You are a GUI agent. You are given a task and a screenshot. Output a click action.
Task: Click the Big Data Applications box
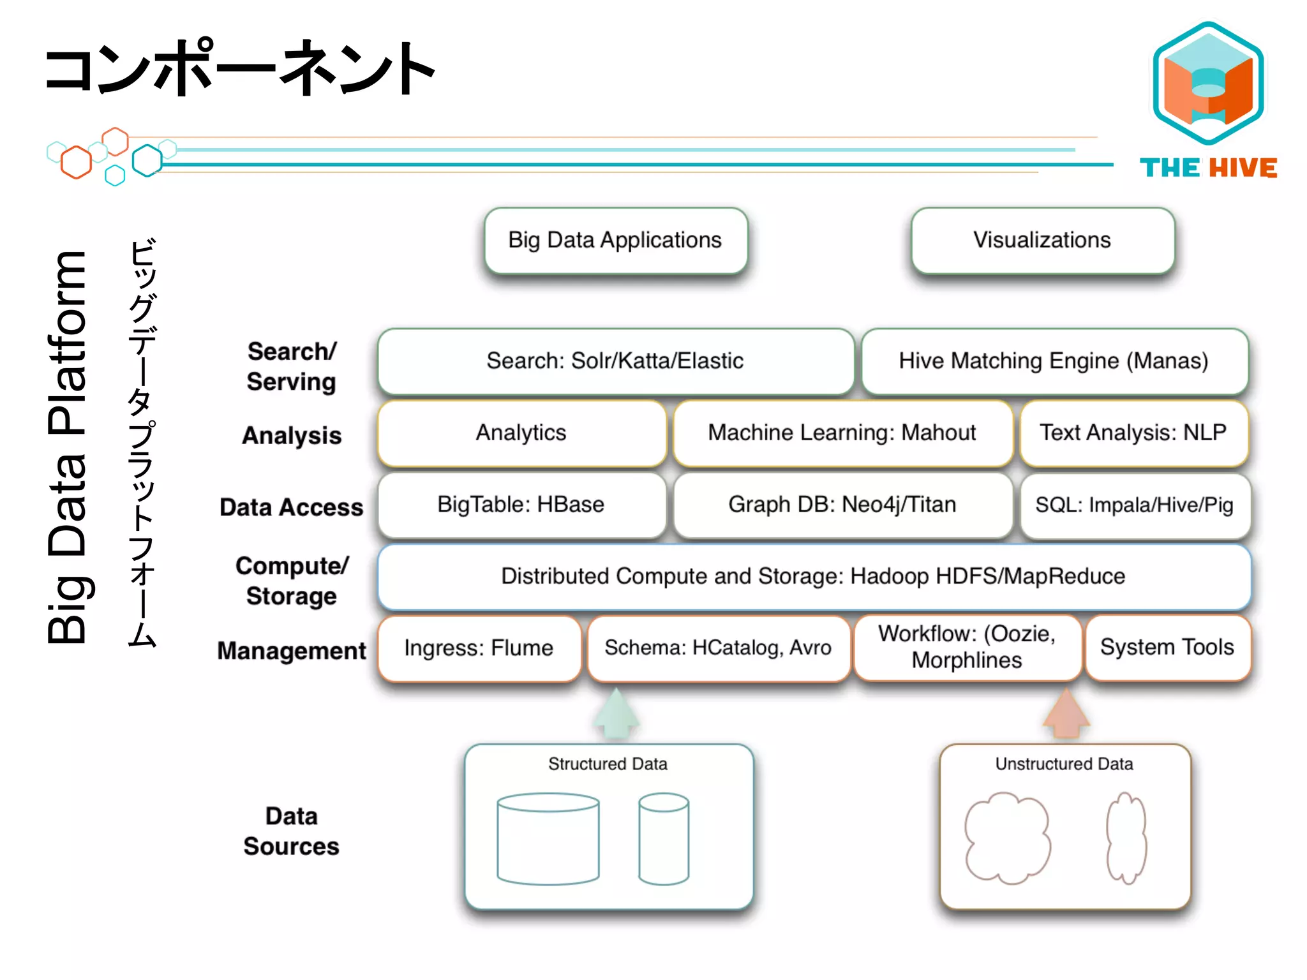tap(615, 241)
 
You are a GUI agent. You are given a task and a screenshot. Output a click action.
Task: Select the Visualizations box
tap(1042, 241)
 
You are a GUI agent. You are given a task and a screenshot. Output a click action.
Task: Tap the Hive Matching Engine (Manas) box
tap(1054, 361)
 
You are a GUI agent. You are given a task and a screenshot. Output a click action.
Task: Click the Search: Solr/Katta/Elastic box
tap(615, 361)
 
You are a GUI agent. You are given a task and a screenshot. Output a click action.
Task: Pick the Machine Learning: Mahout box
tap(842, 433)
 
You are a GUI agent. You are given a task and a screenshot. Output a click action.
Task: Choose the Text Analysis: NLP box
tap(1133, 433)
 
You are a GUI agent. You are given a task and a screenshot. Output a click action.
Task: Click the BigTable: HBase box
tap(521, 505)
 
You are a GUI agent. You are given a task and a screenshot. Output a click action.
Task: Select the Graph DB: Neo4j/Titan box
tap(842, 505)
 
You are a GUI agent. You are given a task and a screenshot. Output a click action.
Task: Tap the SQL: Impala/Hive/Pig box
tap(1134, 505)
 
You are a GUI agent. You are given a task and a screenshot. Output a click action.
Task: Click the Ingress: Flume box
tap(479, 648)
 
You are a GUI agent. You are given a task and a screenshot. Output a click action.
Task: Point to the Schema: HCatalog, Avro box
tap(718, 648)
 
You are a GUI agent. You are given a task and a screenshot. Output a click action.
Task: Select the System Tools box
tap(1167, 647)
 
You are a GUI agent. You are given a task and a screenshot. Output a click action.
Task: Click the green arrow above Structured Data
tap(616, 715)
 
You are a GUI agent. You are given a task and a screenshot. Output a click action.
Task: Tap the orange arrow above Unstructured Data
tap(1066, 715)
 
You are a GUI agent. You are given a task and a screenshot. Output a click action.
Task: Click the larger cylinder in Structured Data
tap(548, 839)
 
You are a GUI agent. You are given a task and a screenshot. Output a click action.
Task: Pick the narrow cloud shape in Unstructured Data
tap(1126, 838)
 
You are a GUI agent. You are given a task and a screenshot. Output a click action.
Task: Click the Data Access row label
tap(291, 507)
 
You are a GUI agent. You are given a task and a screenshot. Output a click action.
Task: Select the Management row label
tap(291, 651)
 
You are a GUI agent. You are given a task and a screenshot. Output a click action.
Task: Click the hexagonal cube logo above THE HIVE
tap(1208, 83)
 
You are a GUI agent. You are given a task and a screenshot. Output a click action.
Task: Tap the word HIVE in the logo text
tap(1243, 168)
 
